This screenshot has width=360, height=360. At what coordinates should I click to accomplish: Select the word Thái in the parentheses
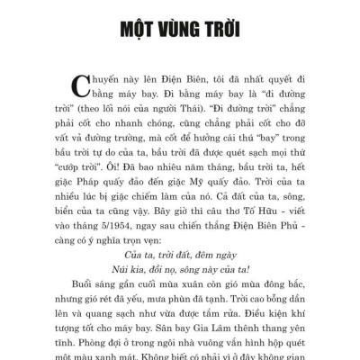[196, 107]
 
